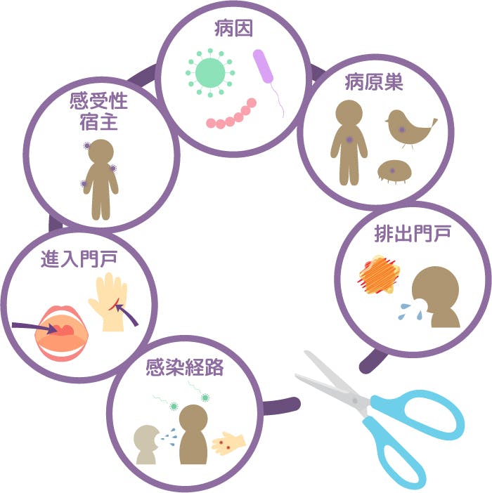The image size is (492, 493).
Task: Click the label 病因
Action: (233, 29)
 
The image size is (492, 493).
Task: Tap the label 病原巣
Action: (374, 82)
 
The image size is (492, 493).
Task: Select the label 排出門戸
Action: (413, 234)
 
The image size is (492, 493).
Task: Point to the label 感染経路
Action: (185, 367)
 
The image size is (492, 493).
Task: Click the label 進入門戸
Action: (79, 259)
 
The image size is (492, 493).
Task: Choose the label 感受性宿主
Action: (99, 111)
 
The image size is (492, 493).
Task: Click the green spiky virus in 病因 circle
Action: (210, 73)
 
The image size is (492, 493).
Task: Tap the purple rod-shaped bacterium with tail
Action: (268, 82)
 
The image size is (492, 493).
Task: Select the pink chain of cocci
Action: (231, 114)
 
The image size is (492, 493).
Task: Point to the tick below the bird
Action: (394, 171)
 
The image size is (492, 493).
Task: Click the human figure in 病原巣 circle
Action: (349, 143)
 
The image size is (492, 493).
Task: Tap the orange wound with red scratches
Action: (379, 275)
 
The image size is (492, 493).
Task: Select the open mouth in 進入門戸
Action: (62, 333)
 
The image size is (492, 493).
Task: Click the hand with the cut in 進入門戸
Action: (109, 302)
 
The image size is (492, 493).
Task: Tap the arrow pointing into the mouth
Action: (34, 328)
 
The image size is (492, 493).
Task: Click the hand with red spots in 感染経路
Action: (228, 444)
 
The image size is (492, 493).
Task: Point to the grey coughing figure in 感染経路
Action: (146, 445)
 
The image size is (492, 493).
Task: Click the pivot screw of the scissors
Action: (355, 400)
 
